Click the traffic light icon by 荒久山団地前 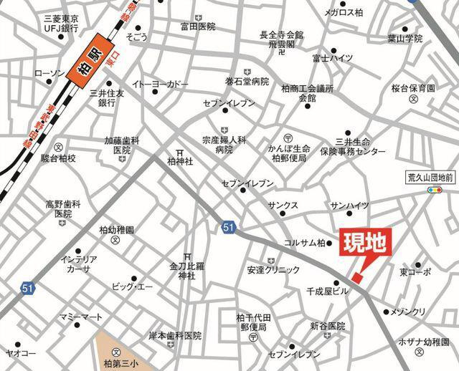[x=433, y=191]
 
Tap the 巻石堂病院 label [x=246, y=82]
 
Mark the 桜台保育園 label [x=413, y=89]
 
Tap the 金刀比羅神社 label [x=186, y=269]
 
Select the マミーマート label [x=84, y=317]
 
